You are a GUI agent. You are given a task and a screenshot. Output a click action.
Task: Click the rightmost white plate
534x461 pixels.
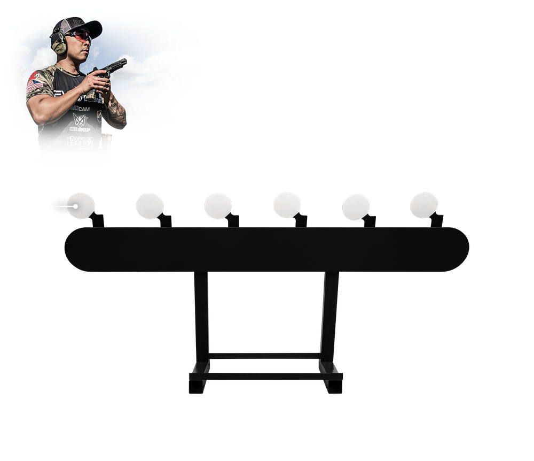point(424,205)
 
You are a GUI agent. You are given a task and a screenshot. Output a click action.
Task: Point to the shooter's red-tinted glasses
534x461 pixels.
point(80,37)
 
